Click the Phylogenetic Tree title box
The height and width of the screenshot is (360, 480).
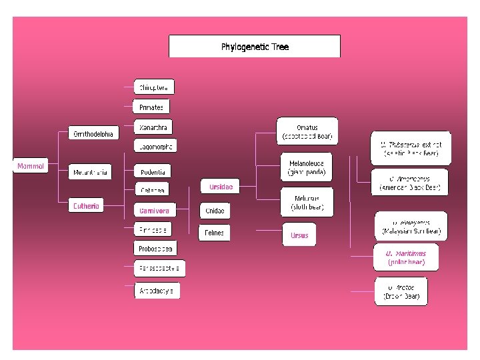254,47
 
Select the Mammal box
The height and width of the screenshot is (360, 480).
31,166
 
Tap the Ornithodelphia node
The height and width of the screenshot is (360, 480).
94,134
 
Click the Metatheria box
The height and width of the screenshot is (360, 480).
91,173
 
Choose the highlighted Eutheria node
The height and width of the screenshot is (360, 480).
86,206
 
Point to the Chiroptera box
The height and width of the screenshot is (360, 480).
154,87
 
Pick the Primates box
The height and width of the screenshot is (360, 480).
151,107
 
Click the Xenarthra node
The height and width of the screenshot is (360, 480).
153,127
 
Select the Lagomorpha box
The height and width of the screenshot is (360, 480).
155,147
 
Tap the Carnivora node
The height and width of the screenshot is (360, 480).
154,211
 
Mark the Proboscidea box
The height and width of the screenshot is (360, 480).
155,249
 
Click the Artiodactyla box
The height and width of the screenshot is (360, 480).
157,291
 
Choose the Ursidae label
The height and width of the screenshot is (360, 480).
221,187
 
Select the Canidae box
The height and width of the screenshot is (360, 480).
215,211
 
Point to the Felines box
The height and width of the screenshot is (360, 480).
214,233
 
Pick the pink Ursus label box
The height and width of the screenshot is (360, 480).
299,235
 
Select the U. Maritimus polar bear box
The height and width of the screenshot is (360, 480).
405,258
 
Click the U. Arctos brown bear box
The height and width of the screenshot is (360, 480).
401,291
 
